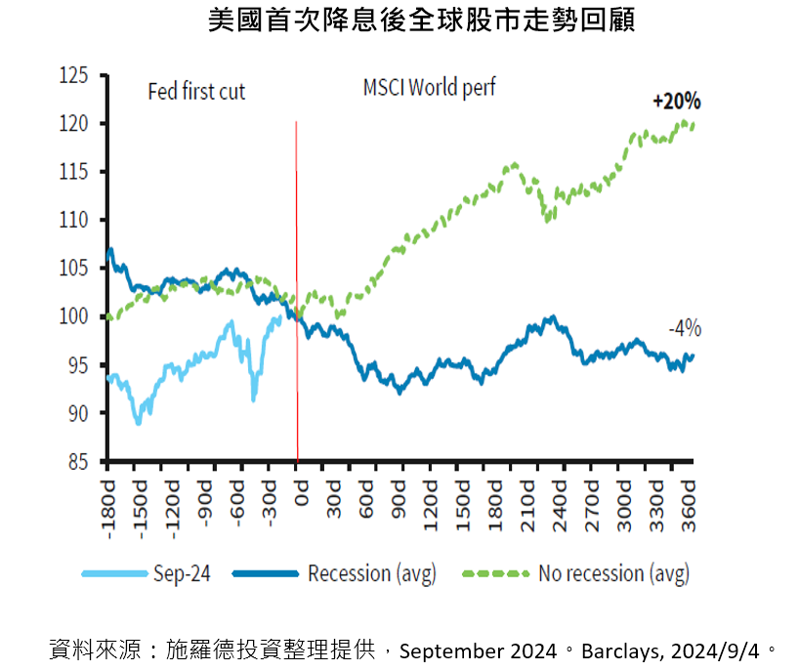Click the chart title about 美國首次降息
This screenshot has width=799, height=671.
tap(422, 21)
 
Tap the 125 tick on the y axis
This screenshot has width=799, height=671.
tap(74, 75)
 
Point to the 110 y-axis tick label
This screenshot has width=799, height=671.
tap(74, 221)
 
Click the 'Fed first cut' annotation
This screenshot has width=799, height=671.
tap(196, 92)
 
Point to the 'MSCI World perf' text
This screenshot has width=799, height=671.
tap(429, 88)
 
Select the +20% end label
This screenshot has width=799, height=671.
tap(677, 101)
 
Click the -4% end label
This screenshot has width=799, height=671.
tap(684, 329)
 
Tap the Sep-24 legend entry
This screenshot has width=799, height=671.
tap(182, 572)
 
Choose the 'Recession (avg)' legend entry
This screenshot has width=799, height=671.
tap(371, 572)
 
